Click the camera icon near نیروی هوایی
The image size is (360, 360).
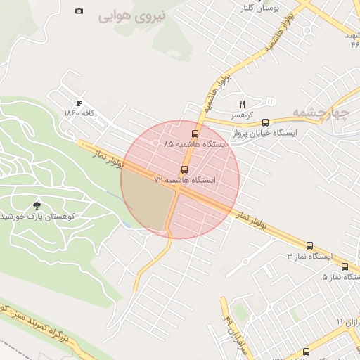point(79,11)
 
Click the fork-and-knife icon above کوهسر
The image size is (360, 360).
point(243,103)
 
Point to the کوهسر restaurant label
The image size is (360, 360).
point(242,114)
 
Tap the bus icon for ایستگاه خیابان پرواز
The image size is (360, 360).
point(265,122)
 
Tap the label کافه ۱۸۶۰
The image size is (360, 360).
point(79,113)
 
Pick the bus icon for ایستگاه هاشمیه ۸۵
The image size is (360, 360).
point(195,133)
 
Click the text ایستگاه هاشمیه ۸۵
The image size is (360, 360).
point(196,143)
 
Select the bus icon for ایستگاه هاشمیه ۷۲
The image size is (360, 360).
point(185,169)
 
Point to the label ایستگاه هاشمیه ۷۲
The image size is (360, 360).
point(186,180)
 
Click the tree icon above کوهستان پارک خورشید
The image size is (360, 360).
point(37,205)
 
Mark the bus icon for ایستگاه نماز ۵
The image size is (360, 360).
point(345,266)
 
